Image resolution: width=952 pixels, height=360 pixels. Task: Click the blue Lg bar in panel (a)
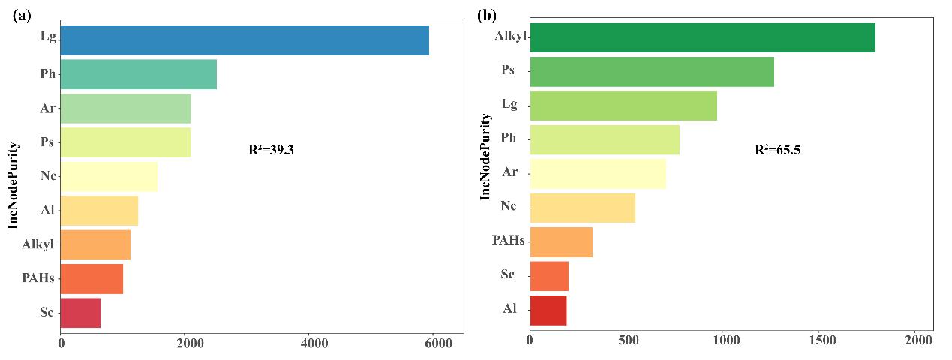click(245, 40)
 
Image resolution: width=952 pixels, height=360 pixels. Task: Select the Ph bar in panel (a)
click(138, 74)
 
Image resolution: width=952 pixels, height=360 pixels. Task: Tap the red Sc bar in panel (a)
click(80, 313)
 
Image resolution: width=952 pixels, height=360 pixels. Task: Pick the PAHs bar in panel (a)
click(92, 278)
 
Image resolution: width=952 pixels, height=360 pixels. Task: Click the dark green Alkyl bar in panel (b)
click(702, 37)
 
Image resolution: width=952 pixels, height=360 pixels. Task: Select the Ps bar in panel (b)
click(651, 71)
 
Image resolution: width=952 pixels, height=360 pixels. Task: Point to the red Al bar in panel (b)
click(548, 310)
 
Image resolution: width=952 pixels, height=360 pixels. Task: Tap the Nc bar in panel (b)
click(582, 208)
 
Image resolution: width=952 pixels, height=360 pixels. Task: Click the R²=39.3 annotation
click(271, 150)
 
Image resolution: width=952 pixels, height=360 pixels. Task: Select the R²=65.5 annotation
click(777, 150)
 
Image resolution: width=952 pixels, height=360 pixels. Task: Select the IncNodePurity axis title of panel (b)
click(485, 156)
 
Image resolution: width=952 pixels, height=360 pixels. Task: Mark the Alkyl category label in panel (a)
click(38, 244)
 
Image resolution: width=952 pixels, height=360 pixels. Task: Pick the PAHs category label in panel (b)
click(508, 240)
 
